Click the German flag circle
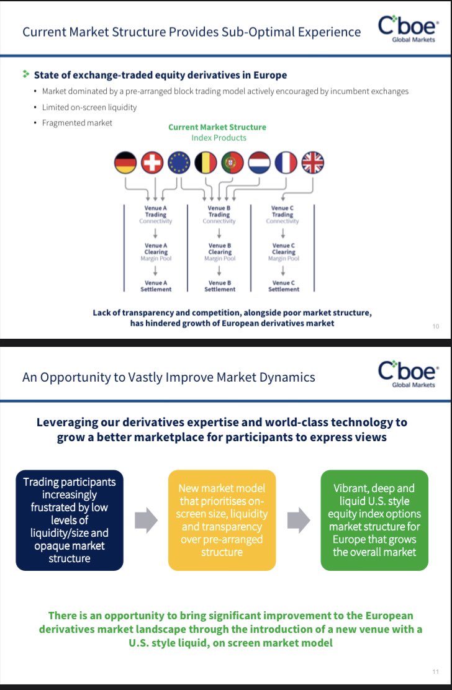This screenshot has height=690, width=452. tap(125, 163)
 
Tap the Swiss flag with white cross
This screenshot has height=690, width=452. tap(152, 163)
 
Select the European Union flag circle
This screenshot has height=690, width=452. tap(179, 163)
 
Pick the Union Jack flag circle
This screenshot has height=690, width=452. tap(312, 163)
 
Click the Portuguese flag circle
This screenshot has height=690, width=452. tap(233, 163)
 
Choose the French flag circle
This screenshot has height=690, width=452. tap(286, 163)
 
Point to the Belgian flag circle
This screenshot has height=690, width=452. tap(206, 163)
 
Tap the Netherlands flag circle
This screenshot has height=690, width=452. tap(259, 163)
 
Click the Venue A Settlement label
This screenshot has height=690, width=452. tap(156, 286)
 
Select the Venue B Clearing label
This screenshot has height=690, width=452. tap(220, 249)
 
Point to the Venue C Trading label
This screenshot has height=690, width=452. tap(282, 212)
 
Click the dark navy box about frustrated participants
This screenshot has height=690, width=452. tap(70, 520)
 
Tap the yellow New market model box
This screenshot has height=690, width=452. tap(222, 520)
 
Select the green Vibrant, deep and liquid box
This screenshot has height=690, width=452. tap(374, 520)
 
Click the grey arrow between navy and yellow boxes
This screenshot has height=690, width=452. tap(146, 520)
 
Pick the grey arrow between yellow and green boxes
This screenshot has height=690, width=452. tap(299, 520)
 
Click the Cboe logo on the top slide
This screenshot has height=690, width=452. tap(408, 29)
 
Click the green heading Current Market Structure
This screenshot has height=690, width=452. tap(217, 127)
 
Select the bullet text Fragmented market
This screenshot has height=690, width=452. tap(77, 123)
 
